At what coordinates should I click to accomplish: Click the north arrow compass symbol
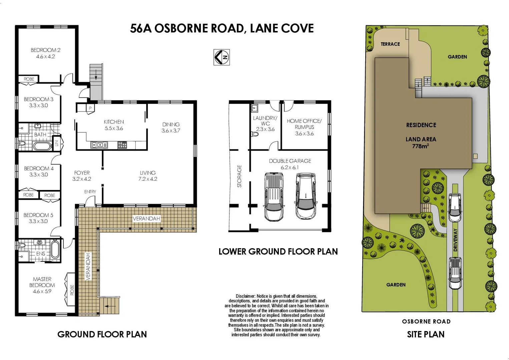click(221, 57)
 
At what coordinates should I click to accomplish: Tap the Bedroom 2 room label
click(45, 53)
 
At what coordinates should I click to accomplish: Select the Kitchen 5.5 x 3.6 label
click(114, 125)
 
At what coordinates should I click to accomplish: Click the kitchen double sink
click(99, 145)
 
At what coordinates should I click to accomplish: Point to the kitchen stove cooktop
click(122, 145)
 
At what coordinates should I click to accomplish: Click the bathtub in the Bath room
click(42, 146)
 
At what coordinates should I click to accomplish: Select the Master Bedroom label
click(42, 285)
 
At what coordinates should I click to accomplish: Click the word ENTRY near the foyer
click(90, 192)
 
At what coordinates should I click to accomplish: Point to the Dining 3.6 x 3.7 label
click(171, 127)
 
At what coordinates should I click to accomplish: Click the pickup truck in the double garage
click(274, 197)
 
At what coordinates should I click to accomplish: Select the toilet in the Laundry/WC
click(255, 134)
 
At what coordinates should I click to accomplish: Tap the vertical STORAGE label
click(239, 176)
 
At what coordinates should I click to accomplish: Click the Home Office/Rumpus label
click(304, 127)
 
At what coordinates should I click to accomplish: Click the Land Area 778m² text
click(421, 143)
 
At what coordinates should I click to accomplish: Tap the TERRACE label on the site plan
click(390, 44)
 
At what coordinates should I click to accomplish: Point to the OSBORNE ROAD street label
click(426, 321)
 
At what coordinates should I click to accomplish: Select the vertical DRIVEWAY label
click(455, 240)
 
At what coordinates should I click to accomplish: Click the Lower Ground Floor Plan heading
click(278, 251)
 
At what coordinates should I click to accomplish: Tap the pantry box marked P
click(90, 108)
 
